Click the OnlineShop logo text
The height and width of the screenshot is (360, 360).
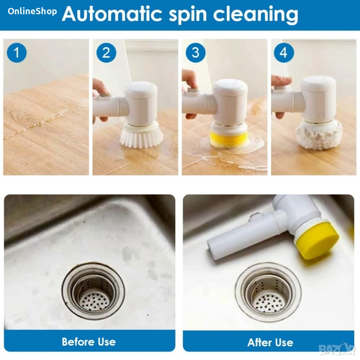tap(32, 11)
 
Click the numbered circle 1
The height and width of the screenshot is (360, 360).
tap(17, 52)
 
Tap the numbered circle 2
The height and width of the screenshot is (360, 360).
tap(106, 52)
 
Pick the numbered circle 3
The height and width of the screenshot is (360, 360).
tap(195, 52)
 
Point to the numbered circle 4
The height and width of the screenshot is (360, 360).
tap(284, 52)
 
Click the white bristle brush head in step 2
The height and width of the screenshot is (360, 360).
tap(141, 135)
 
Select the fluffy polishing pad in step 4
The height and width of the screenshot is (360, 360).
tap(319, 135)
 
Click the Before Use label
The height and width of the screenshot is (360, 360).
tap(89, 342)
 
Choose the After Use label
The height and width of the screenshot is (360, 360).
tap(270, 342)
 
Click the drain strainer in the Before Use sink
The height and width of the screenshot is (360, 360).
tap(93, 291)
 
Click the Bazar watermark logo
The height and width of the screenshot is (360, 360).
tap(338, 349)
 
